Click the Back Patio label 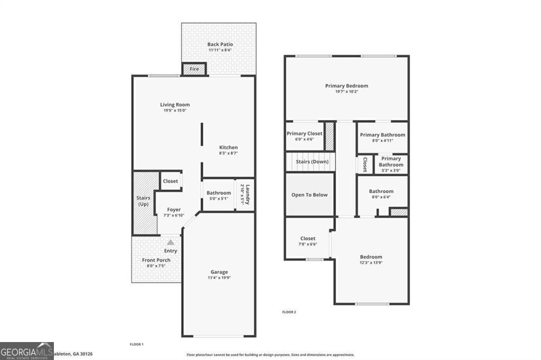point(220,44)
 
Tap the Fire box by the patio point(194,69)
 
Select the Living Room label point(175,105)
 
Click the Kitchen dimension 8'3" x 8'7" point(228,153)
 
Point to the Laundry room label point(245,194)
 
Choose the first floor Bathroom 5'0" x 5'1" point(218,195)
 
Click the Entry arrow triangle point(170,242)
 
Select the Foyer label point(173,210)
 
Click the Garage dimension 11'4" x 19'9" point(219,278)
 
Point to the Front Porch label point(156,260)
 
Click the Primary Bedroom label point(347,86)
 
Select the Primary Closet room point(304,136)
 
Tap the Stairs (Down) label point(311,162)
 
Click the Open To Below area point(310,195)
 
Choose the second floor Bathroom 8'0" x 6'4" point(381,194)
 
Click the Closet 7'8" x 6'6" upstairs point(307,241)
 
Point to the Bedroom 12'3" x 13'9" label point(370,257)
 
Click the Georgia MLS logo point(27,350)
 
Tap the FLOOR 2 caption point(289,312)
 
